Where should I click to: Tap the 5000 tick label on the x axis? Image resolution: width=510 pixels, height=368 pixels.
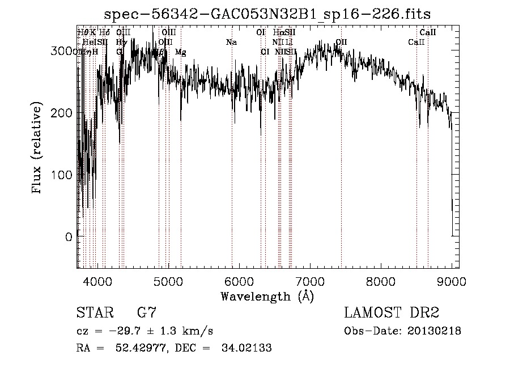click(168, 281)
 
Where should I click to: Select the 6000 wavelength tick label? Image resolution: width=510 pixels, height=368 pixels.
click(239, 281)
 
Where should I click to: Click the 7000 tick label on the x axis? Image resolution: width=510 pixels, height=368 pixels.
click(310, 281)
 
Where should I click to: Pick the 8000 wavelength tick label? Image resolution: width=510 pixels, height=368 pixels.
click(381, 281)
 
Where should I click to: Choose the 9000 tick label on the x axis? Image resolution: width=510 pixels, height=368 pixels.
click(452, 281)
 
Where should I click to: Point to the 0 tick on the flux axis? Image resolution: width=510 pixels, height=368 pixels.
click(69, 237)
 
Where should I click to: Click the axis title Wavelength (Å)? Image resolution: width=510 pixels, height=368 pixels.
click(267, 296)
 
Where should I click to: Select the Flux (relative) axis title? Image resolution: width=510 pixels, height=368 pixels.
click(38, 149)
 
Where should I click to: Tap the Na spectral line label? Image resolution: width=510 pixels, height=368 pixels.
click(231, 42)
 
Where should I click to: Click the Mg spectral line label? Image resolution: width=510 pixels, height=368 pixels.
click(180, 52)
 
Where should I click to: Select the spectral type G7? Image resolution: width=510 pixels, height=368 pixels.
click(146, 313)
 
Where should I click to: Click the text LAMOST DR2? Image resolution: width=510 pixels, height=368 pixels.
click(392, 313)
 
